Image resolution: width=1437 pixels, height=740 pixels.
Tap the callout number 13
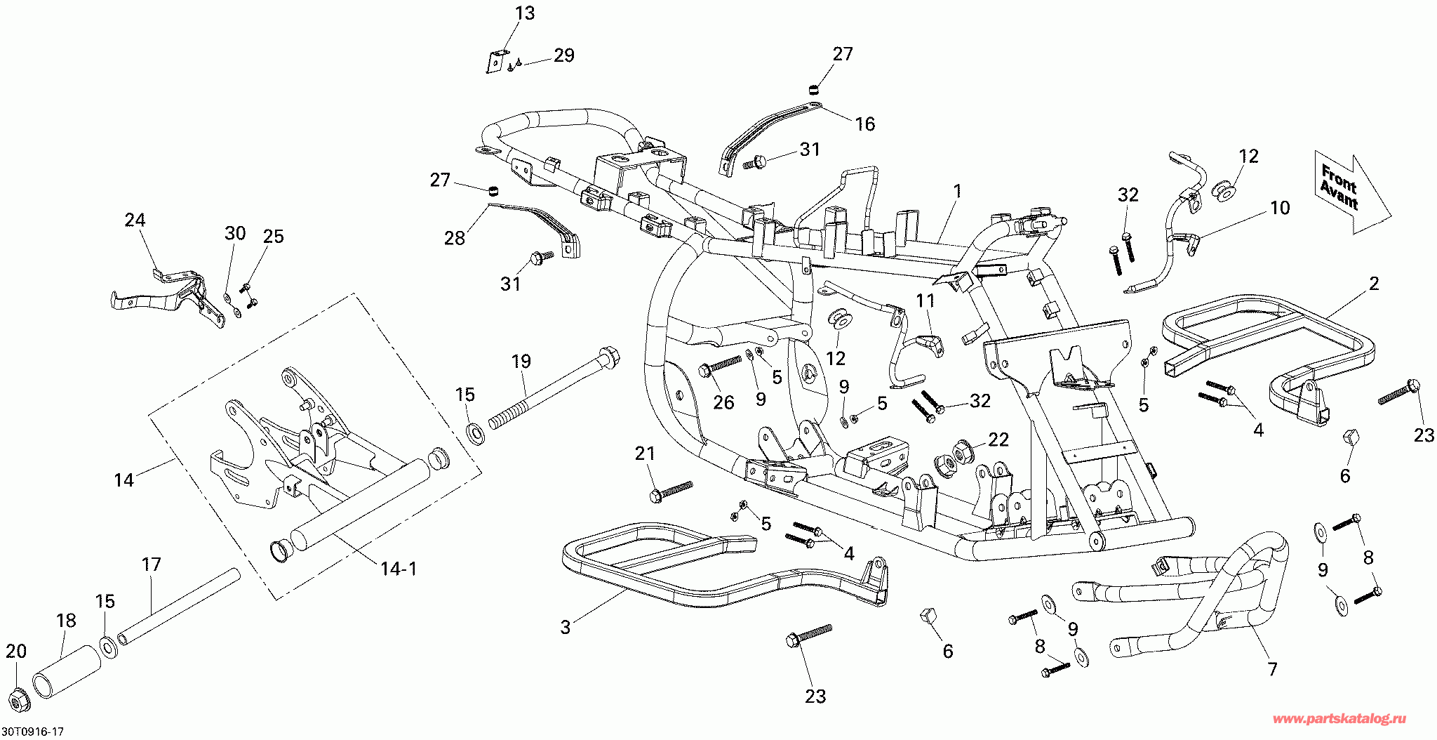point(524,13)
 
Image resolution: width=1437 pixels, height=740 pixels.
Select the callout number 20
point(15,652)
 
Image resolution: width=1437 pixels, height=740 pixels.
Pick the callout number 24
point(135,220)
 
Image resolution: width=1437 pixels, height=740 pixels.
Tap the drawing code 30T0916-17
point(32,732)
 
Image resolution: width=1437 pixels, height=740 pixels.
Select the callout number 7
point(1272,669)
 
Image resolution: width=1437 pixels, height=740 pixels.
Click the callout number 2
point(1374,283)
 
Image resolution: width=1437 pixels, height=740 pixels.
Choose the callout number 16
point(865,124)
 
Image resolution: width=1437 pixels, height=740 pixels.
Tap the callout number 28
point(454,238)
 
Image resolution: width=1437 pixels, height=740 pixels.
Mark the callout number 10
point(1280,208)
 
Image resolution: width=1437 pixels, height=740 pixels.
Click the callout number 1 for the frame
point(957,191)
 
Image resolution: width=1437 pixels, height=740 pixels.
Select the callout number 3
point(566,627)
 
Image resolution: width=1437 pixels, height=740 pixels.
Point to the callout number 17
point(151,564)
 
